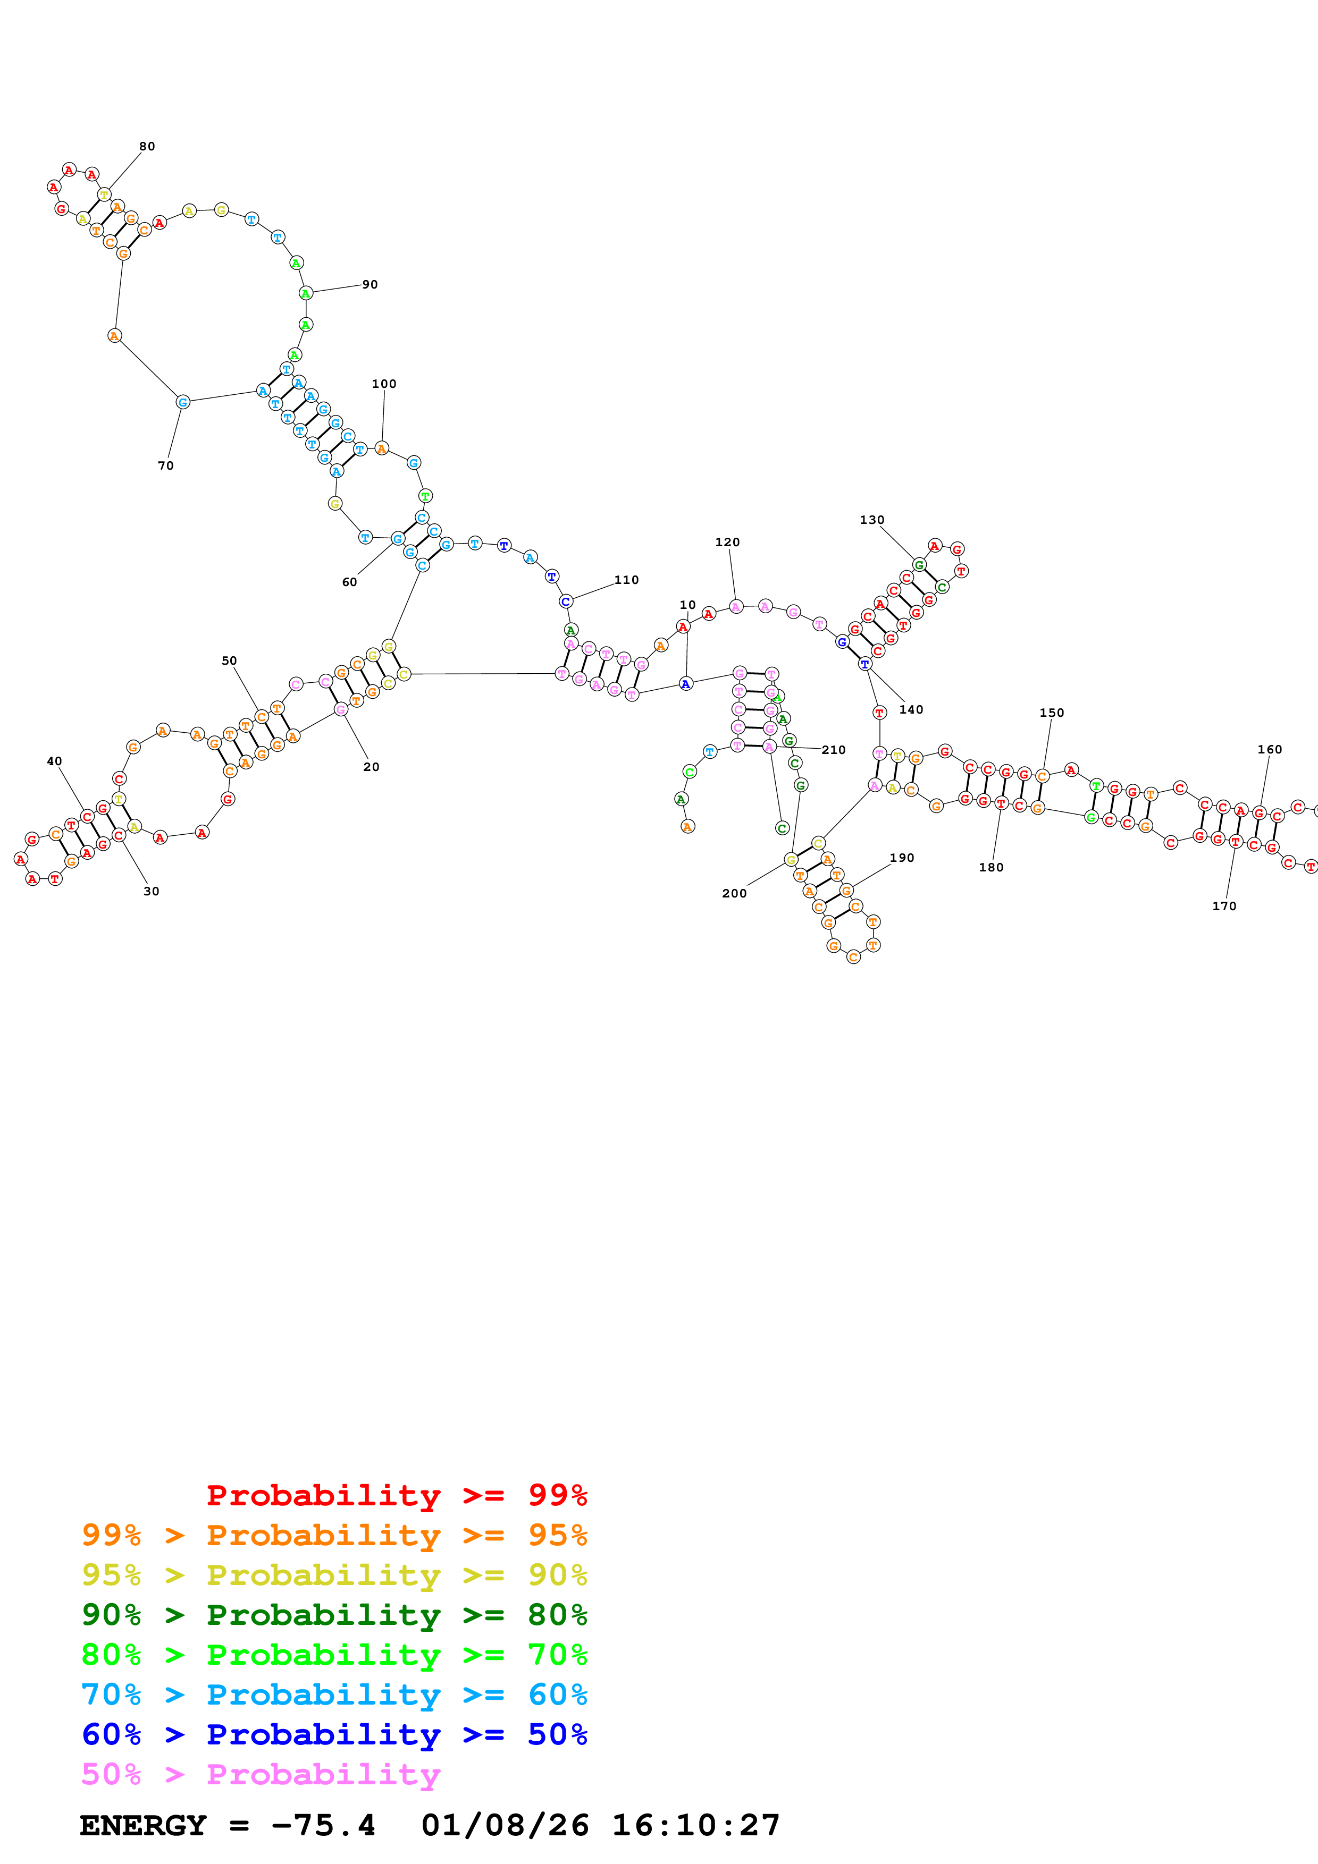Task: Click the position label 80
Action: [x=147, y=146]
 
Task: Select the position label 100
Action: [x=384, y=384]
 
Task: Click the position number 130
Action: [x=872, y=520]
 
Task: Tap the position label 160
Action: [x=1270, y=749]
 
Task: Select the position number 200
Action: [x=734, y=893]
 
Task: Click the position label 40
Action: [x=54, y=761]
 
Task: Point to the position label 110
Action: [x=626, y=580]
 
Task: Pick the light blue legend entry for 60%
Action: [x=334, y=1694]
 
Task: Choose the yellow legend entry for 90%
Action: [x=334, y=1574]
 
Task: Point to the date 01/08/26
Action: [x=505, y=1825]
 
